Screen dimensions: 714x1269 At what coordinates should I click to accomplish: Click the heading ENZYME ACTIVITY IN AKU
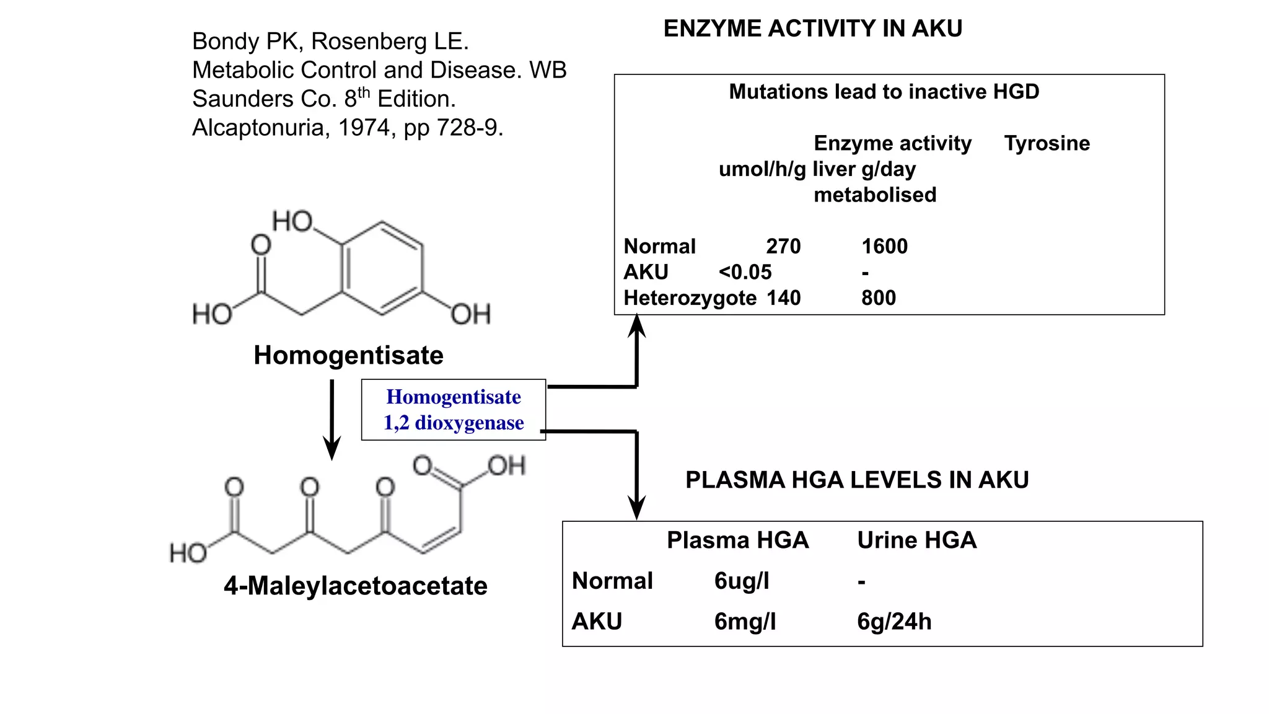(x=812, y=29)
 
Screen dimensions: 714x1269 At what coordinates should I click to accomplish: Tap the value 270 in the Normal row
(x=783, y=246)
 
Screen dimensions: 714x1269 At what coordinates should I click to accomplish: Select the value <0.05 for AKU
(x=745, y=272)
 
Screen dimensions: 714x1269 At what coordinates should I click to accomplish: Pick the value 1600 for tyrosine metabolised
(x=884, y=246)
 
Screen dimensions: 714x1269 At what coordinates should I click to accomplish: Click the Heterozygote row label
(x=690, y=298)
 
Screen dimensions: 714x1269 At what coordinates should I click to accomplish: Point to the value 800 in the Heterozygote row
(x=878, y=298)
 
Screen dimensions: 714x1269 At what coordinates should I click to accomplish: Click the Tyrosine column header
(x=1047, y=143)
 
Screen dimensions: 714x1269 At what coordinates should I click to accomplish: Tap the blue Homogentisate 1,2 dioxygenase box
(x=454, y=410)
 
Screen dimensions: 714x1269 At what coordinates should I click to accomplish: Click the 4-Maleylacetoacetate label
(x=356, y=586)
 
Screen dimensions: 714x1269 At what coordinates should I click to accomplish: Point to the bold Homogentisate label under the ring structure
(x=348, y=355)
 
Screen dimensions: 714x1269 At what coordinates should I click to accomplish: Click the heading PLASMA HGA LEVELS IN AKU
(x=857, y=480)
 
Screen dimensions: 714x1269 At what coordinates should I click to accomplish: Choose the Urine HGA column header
(x=916, y=540)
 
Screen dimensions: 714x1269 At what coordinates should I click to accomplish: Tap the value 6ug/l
(x=742, y=581)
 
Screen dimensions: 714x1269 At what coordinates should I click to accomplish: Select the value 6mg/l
(x=745, y=621)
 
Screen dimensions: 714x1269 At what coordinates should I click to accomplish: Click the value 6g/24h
(x=894, y=621)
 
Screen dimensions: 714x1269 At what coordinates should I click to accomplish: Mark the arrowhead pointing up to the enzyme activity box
(x=637, y=325)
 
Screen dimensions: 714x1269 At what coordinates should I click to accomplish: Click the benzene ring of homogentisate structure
(x=382, y=268)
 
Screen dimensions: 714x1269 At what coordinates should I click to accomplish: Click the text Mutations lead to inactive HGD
(x=884, y=92)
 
